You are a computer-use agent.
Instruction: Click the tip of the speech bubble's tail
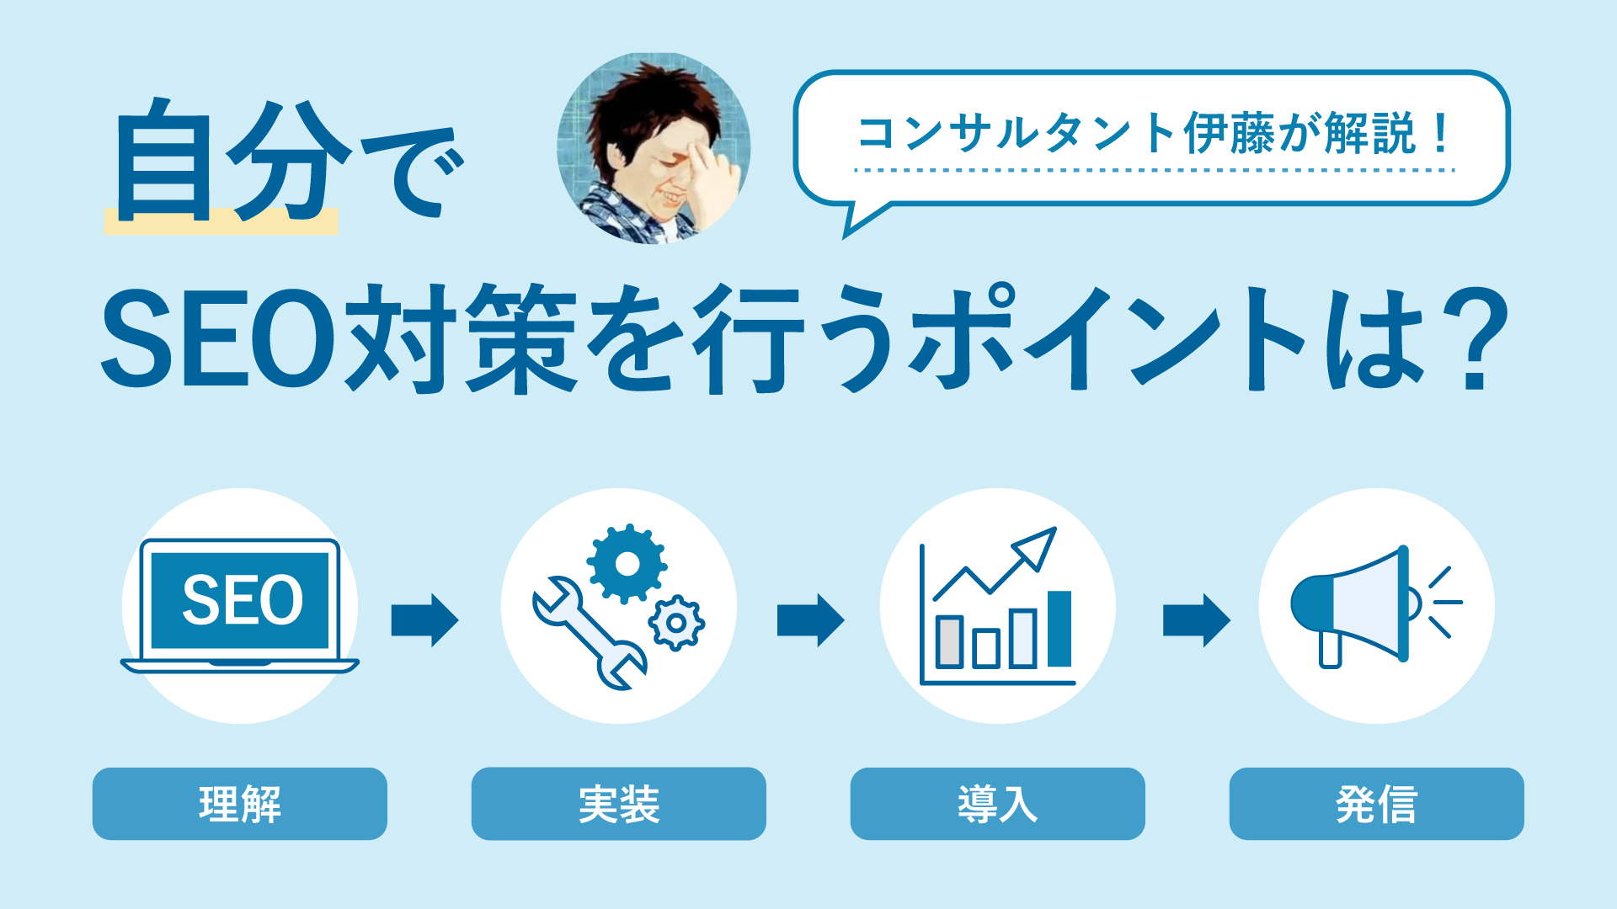point(844,238)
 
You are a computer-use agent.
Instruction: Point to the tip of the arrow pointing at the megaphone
point(1230,620)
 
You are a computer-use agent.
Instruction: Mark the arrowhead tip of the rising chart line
point(1055,529)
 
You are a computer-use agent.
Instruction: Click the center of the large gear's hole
point(627,563)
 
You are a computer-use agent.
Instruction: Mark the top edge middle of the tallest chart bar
point(1059,592)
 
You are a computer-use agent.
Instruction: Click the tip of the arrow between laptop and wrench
point(459,620)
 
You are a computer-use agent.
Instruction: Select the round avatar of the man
point(654,148)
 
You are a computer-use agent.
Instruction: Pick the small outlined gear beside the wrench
point(676,623)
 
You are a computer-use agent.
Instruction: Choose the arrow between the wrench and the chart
point(810,620)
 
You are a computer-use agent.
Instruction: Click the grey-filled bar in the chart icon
point(949,641)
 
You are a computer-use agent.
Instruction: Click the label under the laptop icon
point(240,804)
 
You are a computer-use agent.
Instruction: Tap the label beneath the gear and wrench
point(619,804)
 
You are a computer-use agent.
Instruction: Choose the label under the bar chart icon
point(998,804)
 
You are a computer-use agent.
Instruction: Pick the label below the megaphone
point(1377,804)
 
